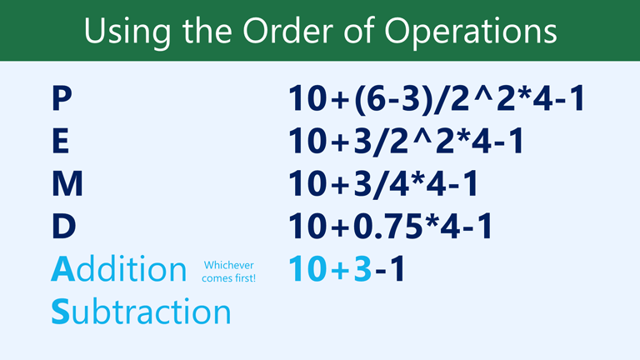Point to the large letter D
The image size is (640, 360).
(x=63, y=227)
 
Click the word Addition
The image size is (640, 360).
(x=118, y=268)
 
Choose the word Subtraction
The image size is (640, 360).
(x=140, y=311)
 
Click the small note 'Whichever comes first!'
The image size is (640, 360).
(x=228, y=271)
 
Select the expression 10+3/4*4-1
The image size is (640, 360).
(x=383, y=185)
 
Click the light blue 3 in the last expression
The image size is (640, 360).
(x=362, y=268)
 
